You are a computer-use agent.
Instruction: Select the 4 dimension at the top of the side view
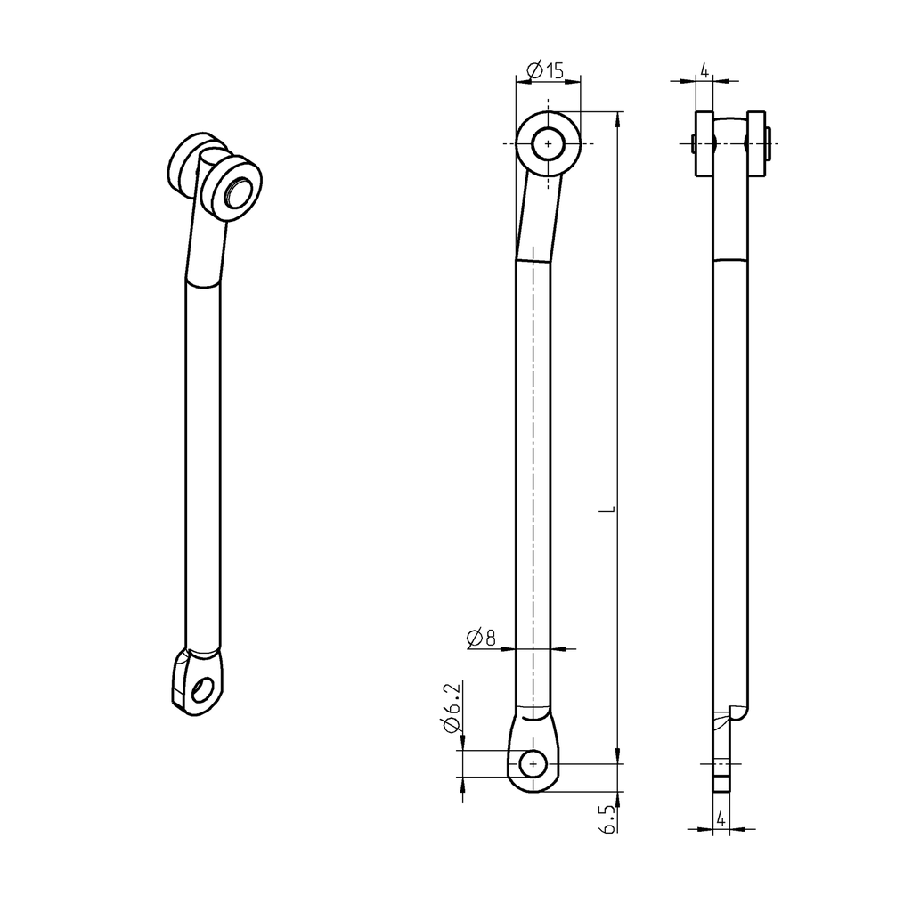704,70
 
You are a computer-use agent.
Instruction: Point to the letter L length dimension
607,510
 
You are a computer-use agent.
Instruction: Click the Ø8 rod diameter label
480,637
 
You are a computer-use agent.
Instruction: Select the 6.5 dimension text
607,818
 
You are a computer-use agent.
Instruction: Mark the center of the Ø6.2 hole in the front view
533,763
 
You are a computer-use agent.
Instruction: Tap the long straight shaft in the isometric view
201,463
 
